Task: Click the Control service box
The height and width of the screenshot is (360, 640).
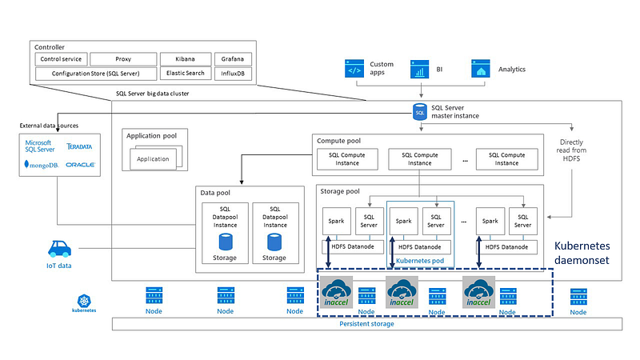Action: point(60,59)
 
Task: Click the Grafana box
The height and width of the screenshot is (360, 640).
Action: point(233,59)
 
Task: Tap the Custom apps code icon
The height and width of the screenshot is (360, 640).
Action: point(354,70)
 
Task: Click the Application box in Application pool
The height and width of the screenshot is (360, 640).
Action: point(152,158)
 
